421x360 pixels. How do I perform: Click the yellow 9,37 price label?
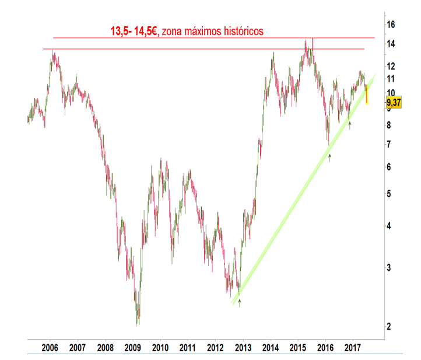point(394,103)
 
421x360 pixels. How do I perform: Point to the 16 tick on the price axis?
point(391,25)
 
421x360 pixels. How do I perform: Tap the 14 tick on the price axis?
point(391,44)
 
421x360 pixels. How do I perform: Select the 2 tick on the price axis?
point(389,326)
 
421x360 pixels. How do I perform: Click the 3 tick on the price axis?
point(389,267)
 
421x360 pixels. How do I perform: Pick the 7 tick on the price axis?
point(389,144)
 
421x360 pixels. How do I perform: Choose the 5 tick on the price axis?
point(389,193)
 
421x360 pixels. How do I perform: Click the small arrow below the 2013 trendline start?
point(239,302)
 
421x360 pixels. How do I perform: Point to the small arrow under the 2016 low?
point(330,157)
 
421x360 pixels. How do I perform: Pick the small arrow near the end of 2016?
point(349,124)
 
